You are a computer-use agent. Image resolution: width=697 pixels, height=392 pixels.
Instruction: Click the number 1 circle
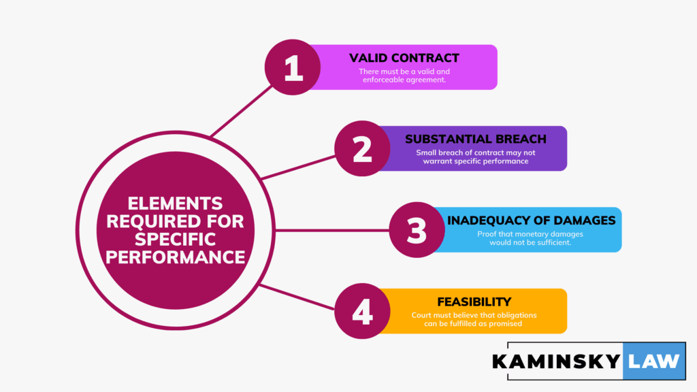(x=293, y=67)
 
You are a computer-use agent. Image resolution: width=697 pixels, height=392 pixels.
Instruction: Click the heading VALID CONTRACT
(x=404, y=58)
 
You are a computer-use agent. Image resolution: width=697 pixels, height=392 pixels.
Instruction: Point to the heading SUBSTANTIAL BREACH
(x=475, y=139)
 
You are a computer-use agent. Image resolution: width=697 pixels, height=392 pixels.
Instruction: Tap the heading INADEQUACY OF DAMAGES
(x=532, y=220)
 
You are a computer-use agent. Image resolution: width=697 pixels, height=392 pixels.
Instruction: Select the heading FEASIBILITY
(x=475, y=301)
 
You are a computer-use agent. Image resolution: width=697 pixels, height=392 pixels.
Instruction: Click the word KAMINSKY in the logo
(x=556, y=360)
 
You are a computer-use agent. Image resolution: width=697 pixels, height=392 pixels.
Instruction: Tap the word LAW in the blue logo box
(x=653, y=360)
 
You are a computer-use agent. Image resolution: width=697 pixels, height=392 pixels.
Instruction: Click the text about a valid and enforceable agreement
(x=404, y=76)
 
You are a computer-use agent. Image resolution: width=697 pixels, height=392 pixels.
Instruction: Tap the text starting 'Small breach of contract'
(x=475, y=157)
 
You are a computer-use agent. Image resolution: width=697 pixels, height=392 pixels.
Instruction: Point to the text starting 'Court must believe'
(x=475, y=319)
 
